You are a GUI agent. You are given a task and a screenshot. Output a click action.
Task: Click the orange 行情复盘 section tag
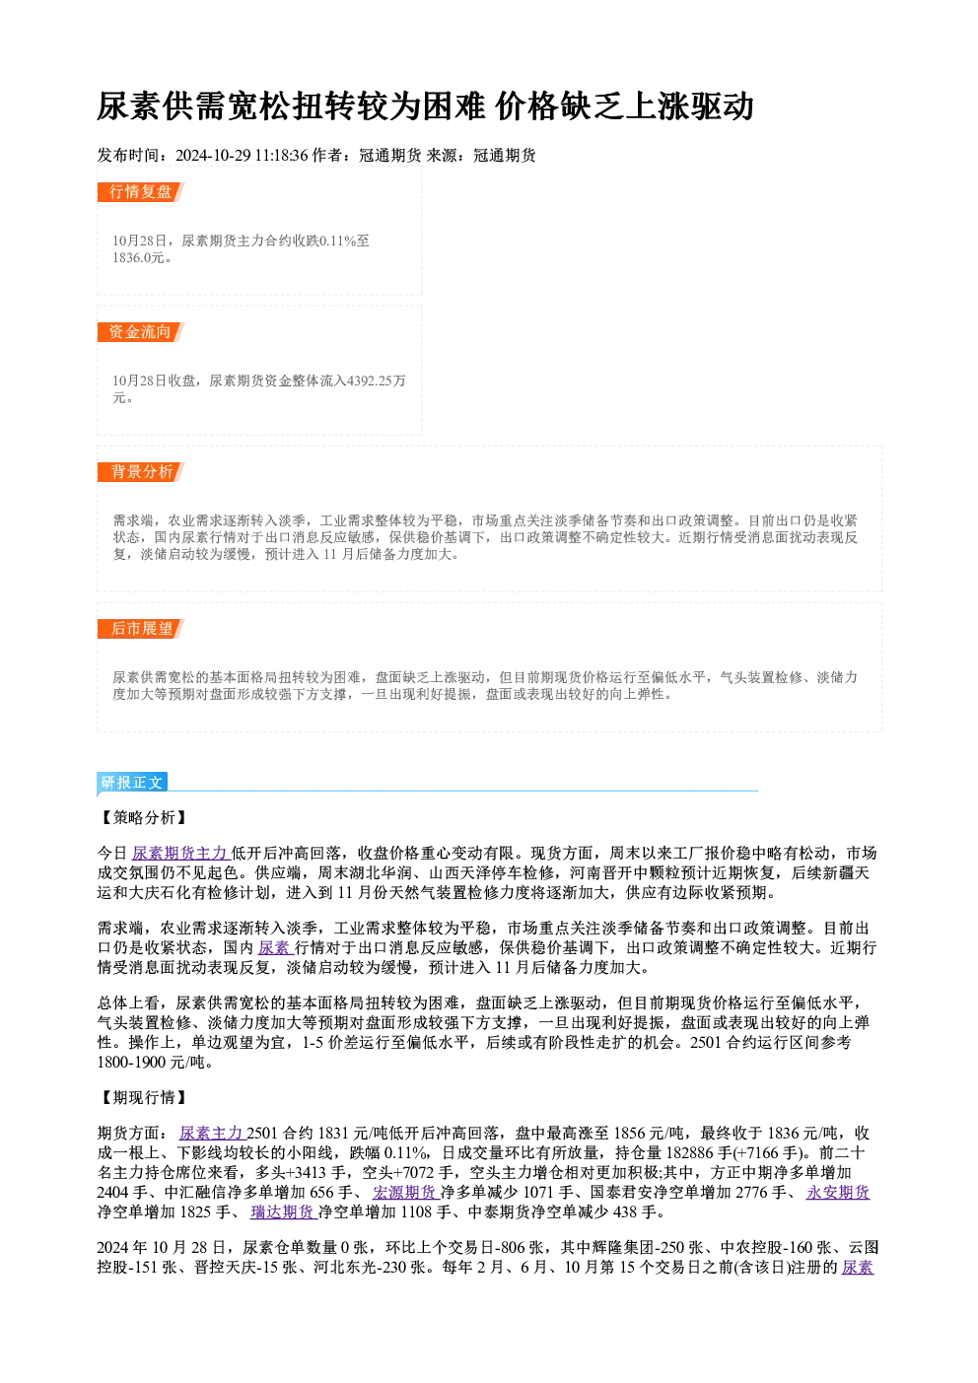coord(141,192)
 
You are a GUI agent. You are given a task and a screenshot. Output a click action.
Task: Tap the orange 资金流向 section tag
coord(141,332)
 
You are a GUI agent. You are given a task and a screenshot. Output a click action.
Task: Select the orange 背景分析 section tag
coord(141,472)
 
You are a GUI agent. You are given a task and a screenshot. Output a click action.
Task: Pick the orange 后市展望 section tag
coord(141,629)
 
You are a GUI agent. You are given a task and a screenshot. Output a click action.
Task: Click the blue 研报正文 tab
coord(132,783)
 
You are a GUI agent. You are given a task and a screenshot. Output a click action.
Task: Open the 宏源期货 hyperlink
coord(404,1192)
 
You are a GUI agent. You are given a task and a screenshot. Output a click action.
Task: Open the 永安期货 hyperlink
coord(838,1192)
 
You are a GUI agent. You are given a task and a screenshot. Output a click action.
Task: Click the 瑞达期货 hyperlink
coord(283,1212)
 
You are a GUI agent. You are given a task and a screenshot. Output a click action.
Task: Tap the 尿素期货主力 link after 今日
coord(179,854)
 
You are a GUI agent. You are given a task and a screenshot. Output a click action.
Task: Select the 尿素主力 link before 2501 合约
coord(211,1133)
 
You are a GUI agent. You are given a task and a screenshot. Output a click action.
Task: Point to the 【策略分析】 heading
coord(143,817)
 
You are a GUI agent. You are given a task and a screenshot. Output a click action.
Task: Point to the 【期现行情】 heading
coord(143,1097)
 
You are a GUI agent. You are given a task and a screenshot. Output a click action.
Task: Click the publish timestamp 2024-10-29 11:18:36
coord(242,156)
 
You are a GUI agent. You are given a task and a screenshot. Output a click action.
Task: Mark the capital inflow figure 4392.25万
coord(377,380)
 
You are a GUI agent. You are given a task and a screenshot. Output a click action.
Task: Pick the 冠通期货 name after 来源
coord(505,156)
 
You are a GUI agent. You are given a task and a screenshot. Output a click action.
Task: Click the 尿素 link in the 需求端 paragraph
coord(273,947)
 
